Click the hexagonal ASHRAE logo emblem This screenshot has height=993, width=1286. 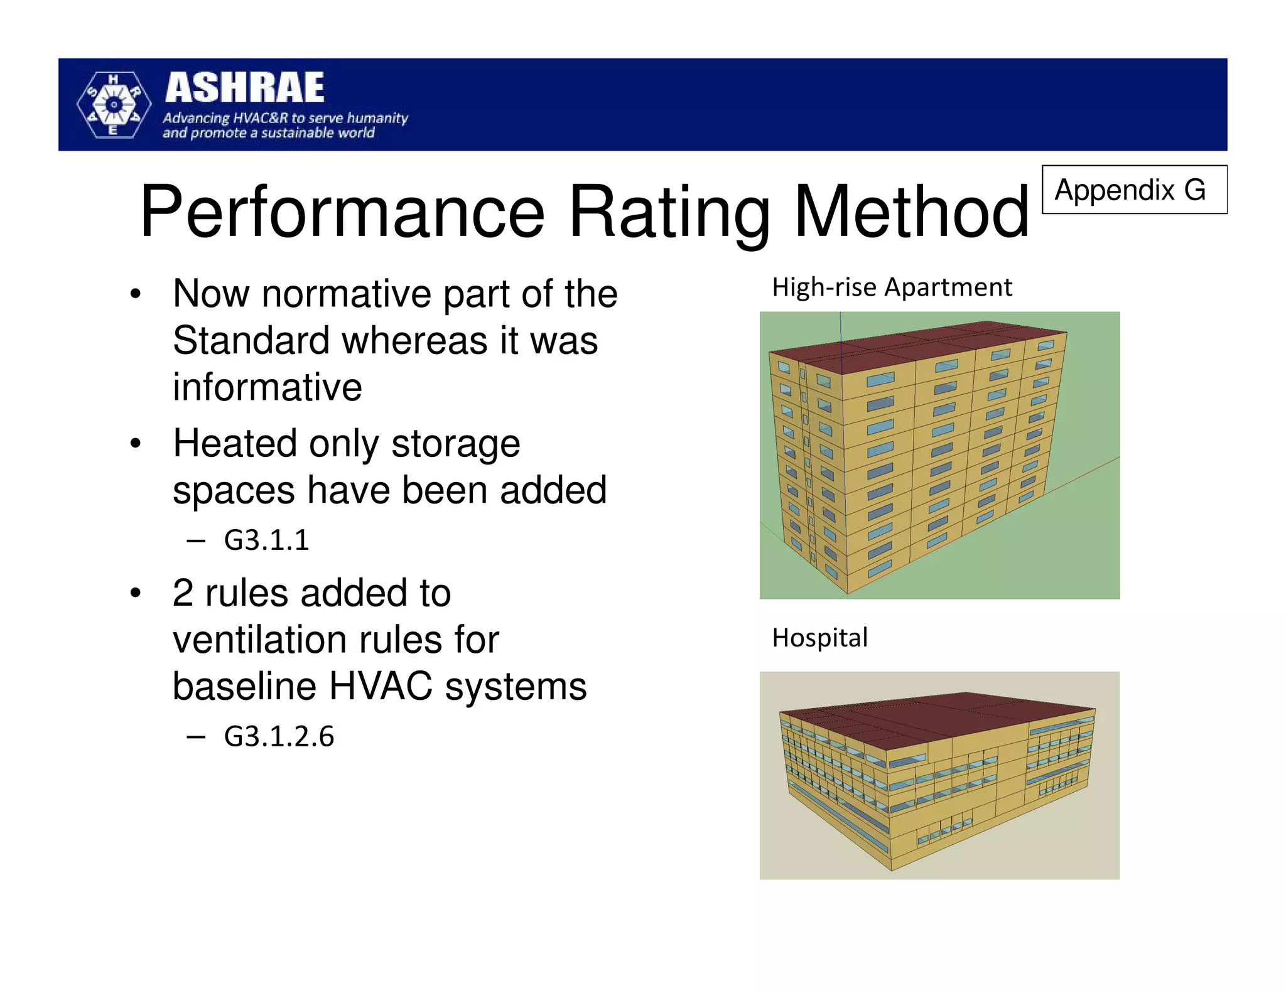pyautogui.click(x=114, y=105)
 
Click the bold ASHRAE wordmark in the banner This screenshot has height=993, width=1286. pyautogui.click(x=245, y=88)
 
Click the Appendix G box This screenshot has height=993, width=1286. pyautogui.click(x=1134, y=190)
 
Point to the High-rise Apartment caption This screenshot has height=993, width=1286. pyautogui.click(x=892, y=287)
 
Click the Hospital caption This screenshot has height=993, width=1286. pyautogui.click(x=819, y=638)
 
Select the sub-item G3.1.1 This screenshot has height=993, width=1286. pyautogui.click(x=266, y=540)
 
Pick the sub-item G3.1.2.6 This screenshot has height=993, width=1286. pyautogui.click(x=279, y=736)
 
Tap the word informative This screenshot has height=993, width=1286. pyautogui.click(x=267, y=387)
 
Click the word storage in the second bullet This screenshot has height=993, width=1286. pyautogui.click(x=456, y=444)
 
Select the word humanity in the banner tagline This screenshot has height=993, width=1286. pyautogui.click(x=377, y=118)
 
